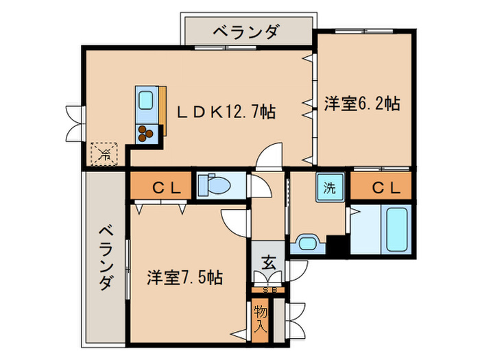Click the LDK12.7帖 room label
click(226, 110)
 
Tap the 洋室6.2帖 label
click(361, 104)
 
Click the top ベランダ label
click(245, 31)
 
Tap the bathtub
click(397, 228)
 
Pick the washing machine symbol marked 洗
click(329, 187)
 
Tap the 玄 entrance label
click(268, 261)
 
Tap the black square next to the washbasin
click(336, 245)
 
